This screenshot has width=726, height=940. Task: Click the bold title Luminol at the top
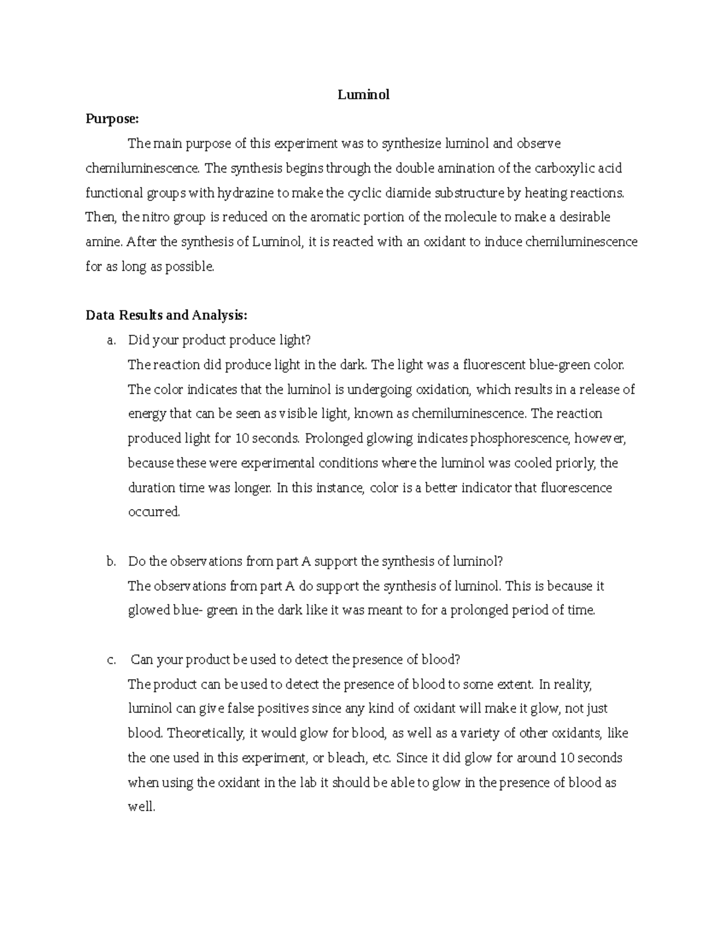pyautogui.click(x=363, y=94)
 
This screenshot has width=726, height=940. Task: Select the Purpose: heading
pyautogui.click(x=113, y=119)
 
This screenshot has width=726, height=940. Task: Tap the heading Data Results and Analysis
pyautogui.click(x=167, y=315)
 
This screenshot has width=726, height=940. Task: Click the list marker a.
pyautogui.click(x=110, y=340)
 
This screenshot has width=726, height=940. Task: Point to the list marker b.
pyautogui.click(x=110, y=562)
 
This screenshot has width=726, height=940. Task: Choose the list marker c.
pyautogui.click(x=110, y=660)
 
